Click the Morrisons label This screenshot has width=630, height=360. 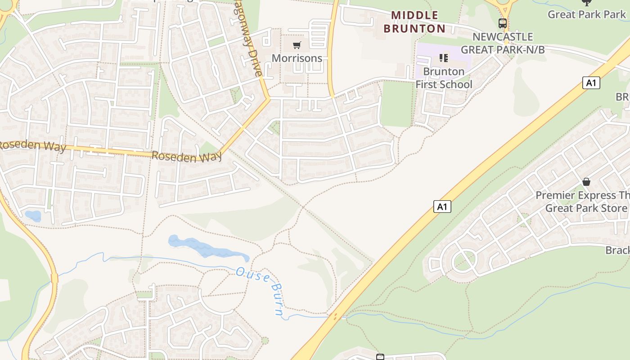tap(297, 58)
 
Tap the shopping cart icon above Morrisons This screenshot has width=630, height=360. tap(297, 45)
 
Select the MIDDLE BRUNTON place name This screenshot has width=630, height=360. tap(414, 22)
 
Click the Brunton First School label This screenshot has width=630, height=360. tap(444, 78)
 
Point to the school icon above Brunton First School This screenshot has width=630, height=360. tap(444, 58)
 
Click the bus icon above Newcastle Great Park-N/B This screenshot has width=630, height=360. tap(503, 23)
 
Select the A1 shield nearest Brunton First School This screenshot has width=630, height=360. tap(591, 83)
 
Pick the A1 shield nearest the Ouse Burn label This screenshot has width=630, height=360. tap(442, 207)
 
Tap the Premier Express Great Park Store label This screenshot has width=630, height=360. tap(583, 202)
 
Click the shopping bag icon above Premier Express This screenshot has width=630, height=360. tap(586, 182)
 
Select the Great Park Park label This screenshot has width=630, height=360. tap(586, 14)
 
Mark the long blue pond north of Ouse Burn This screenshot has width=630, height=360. tap(207, 247)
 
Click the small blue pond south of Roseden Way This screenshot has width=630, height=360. tap(33, 216)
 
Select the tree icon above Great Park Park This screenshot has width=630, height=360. tap(586, 2)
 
